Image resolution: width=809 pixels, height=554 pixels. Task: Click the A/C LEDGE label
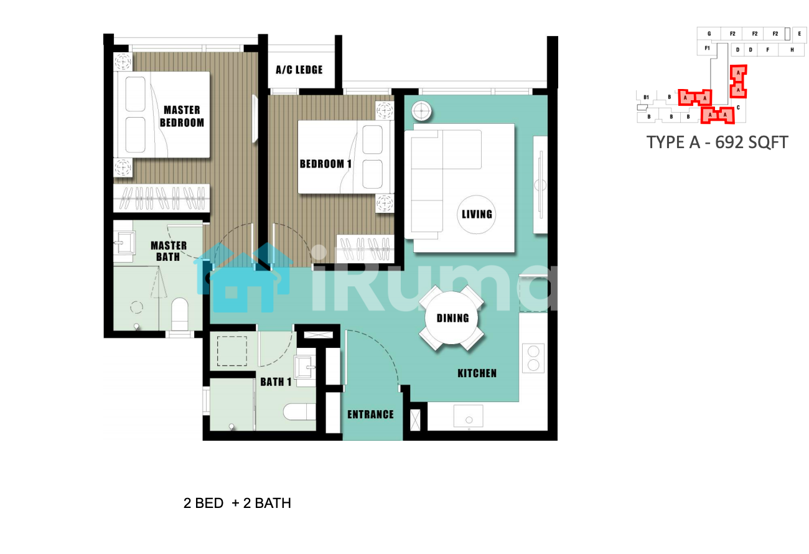click(x=299, y=70)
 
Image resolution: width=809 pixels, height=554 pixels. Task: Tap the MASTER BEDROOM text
click(x=182, y=116)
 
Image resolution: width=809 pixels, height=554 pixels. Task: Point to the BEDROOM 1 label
click(x=325, y=164)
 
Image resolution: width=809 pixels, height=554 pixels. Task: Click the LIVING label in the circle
click(x=477, y=214)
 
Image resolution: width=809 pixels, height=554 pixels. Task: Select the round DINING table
click(x=451, y=318)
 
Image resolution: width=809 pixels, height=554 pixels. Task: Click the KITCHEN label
click(x=477, y=373)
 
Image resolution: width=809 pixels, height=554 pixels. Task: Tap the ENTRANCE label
click(x=370, y=414)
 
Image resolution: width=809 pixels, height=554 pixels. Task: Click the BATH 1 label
click(x=276, y=382)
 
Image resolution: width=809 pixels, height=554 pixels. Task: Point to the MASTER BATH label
click(x=168, y=251)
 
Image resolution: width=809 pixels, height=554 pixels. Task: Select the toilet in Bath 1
click(x=299, y=411)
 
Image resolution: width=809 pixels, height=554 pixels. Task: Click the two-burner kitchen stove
click(x=533, y=359)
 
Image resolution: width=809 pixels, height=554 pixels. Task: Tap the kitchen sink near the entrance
click(x=469, y=416)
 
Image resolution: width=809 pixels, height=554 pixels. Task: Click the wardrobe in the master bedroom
click(x=161, y=198)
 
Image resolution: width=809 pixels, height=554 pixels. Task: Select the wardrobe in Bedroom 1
click(x=365, y=249)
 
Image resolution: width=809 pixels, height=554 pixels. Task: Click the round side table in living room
click(x=421, y=111)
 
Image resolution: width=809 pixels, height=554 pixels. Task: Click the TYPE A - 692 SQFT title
click(x=717, y=143)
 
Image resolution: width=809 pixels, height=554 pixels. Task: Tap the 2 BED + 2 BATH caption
click(x=237, y=503)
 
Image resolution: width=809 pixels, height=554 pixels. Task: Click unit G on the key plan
click(x=709, y=34)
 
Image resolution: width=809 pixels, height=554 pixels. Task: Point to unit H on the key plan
click(x=792, y=50)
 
